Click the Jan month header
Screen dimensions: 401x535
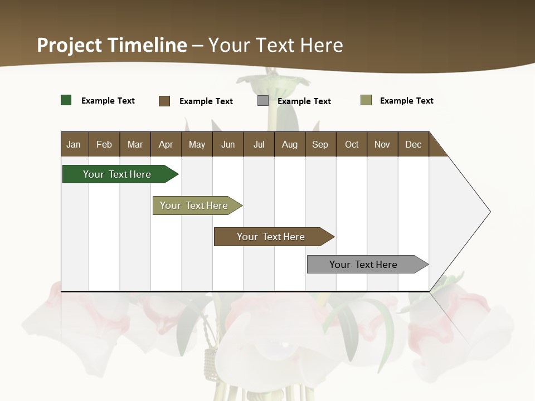click(x=74, y=144)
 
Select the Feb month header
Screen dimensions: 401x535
click(x=104, y=144)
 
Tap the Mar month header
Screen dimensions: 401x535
click(x=135, y=144)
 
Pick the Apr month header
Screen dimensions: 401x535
click(x=166, y=144)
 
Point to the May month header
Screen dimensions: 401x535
click(x=197, y=144)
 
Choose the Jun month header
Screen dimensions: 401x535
click(x=228, y=144)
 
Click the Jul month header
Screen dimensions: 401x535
click(x=259, y=144)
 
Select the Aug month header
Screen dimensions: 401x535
click(x=290, y=144)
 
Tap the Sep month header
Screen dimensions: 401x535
click(x=320, y=144)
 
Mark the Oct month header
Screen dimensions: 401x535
click(x=352, y=144)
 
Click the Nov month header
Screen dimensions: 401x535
click(x=382, y=144)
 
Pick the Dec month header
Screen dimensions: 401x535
click(x=414, y=144)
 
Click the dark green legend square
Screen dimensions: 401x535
click(x=66, y=100)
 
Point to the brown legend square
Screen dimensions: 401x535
click(x=164, y=101)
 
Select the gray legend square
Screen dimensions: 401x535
click(x=263, y=101)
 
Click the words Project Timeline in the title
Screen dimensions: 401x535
click(x=112, y=45)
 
